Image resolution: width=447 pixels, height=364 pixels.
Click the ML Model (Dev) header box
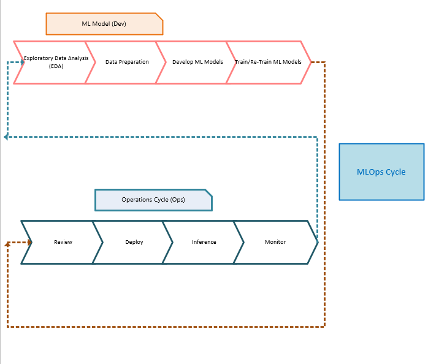[104, 24]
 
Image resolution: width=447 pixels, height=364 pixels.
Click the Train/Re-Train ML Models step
[269, 63]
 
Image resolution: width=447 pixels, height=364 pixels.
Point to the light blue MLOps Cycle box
[381, 172]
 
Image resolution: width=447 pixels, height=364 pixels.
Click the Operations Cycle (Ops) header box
[153, 200]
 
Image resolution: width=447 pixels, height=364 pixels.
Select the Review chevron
[63, 242]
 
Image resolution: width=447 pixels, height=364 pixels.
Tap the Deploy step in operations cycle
[134, 242]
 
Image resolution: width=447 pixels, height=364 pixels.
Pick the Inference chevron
[204, 242]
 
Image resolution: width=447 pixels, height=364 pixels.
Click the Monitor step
[275, 242]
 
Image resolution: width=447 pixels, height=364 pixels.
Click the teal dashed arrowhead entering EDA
[22, 62]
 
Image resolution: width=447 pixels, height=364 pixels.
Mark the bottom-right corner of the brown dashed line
[324, 327]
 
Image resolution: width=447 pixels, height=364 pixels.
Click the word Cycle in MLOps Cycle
[395, 172]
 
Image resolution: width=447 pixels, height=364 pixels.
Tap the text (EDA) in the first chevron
[56, 66]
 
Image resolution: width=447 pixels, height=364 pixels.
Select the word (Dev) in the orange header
[119, 24]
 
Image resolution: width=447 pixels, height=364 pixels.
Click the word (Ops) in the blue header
[177, 200]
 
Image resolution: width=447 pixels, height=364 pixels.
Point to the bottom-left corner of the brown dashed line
[7, 327]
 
